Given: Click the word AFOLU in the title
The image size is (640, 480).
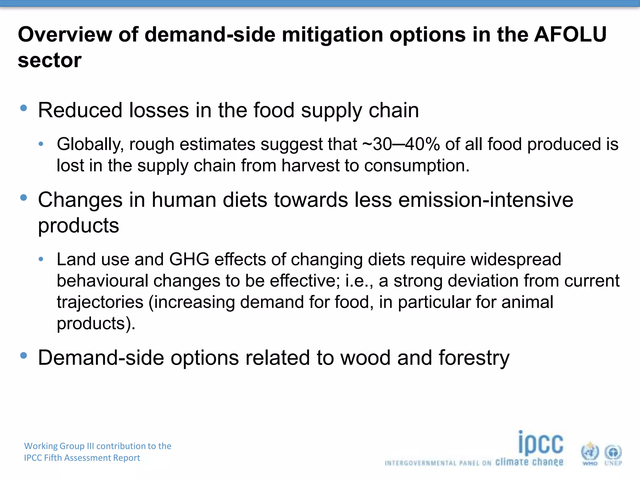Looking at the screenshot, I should [x=570, y=34].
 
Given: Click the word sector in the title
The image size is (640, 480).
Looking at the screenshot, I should [x=50, y=60].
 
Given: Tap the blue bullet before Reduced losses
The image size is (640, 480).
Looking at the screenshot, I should [x=23, y=108].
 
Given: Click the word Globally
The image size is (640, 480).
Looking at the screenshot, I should [x=90, y=144].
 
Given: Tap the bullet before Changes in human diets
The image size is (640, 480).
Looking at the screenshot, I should [x=23, y=197].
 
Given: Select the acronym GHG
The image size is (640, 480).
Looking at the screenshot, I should [x=189, y=259].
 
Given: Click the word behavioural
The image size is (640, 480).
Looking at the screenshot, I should [x=102, y=281].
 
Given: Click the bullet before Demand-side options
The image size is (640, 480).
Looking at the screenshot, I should [x=23, y=355].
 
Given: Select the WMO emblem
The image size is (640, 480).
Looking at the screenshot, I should [x=590, y=452].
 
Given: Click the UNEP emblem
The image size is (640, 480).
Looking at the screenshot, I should [x=613, y=453].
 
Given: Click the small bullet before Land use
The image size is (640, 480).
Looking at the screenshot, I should [x=41, y=259].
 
